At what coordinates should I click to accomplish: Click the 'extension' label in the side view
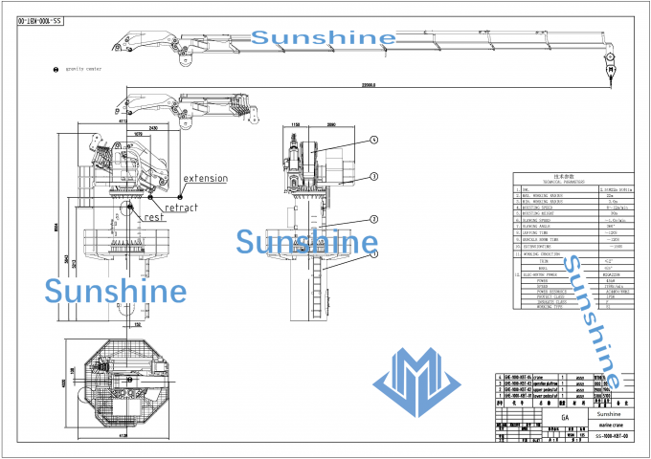206,178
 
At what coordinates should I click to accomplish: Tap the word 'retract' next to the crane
181,208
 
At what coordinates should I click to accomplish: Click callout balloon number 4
375,139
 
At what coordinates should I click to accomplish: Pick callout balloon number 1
375,255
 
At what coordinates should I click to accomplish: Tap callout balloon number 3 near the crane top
375,177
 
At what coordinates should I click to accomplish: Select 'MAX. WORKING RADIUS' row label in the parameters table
546,196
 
